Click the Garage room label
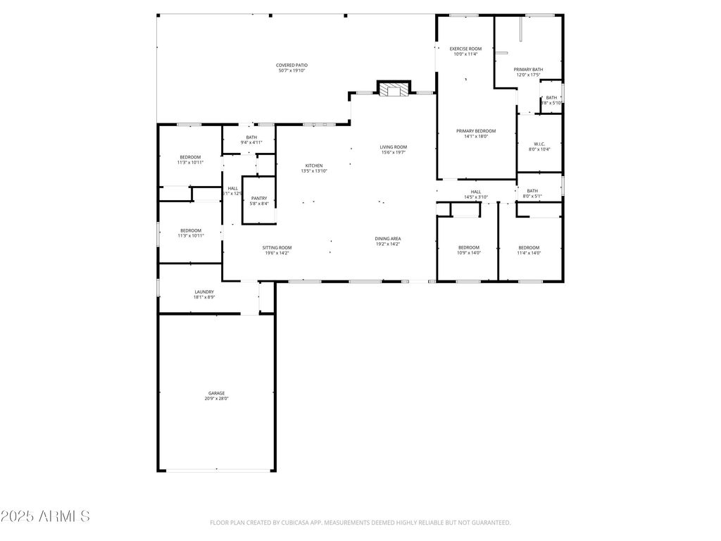(216, 393)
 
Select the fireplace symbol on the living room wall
(393, 89)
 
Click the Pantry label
(258, 199)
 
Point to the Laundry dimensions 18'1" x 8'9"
(204, 297)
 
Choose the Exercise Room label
(465, 49)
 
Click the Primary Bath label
(528, 69)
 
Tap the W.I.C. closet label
(539, 144)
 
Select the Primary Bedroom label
(476, 131)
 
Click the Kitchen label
(313, 166)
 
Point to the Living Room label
(394, 147)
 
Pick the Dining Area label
(387, 239)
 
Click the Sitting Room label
(277, 247)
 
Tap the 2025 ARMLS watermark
(46, 516)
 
